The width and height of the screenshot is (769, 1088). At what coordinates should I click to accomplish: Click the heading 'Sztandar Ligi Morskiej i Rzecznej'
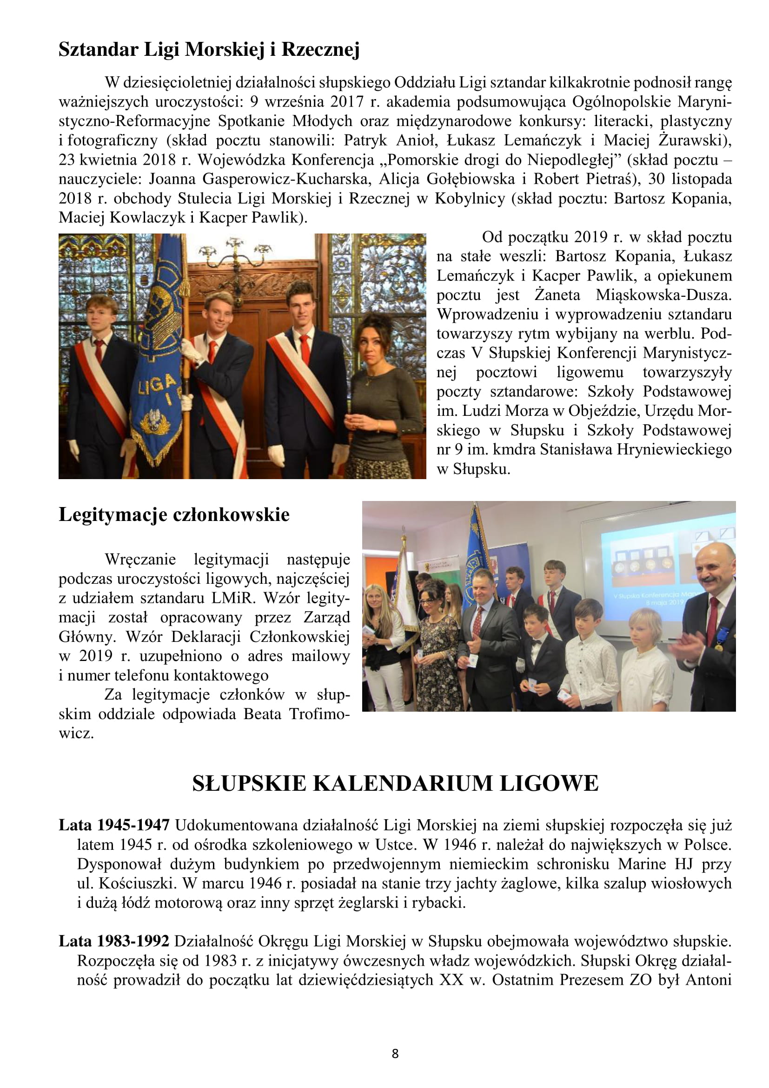click(x=209, y=49)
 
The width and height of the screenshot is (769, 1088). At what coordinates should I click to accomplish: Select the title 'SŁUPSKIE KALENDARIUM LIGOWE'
click(x=395, y=783)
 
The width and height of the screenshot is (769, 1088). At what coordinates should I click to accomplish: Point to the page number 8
click(x=395, y=1054)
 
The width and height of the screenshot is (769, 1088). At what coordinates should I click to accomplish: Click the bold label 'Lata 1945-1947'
click(x=114, y=825)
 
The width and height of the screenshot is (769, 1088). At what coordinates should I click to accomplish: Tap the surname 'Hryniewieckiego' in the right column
click(x=674, y=449)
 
